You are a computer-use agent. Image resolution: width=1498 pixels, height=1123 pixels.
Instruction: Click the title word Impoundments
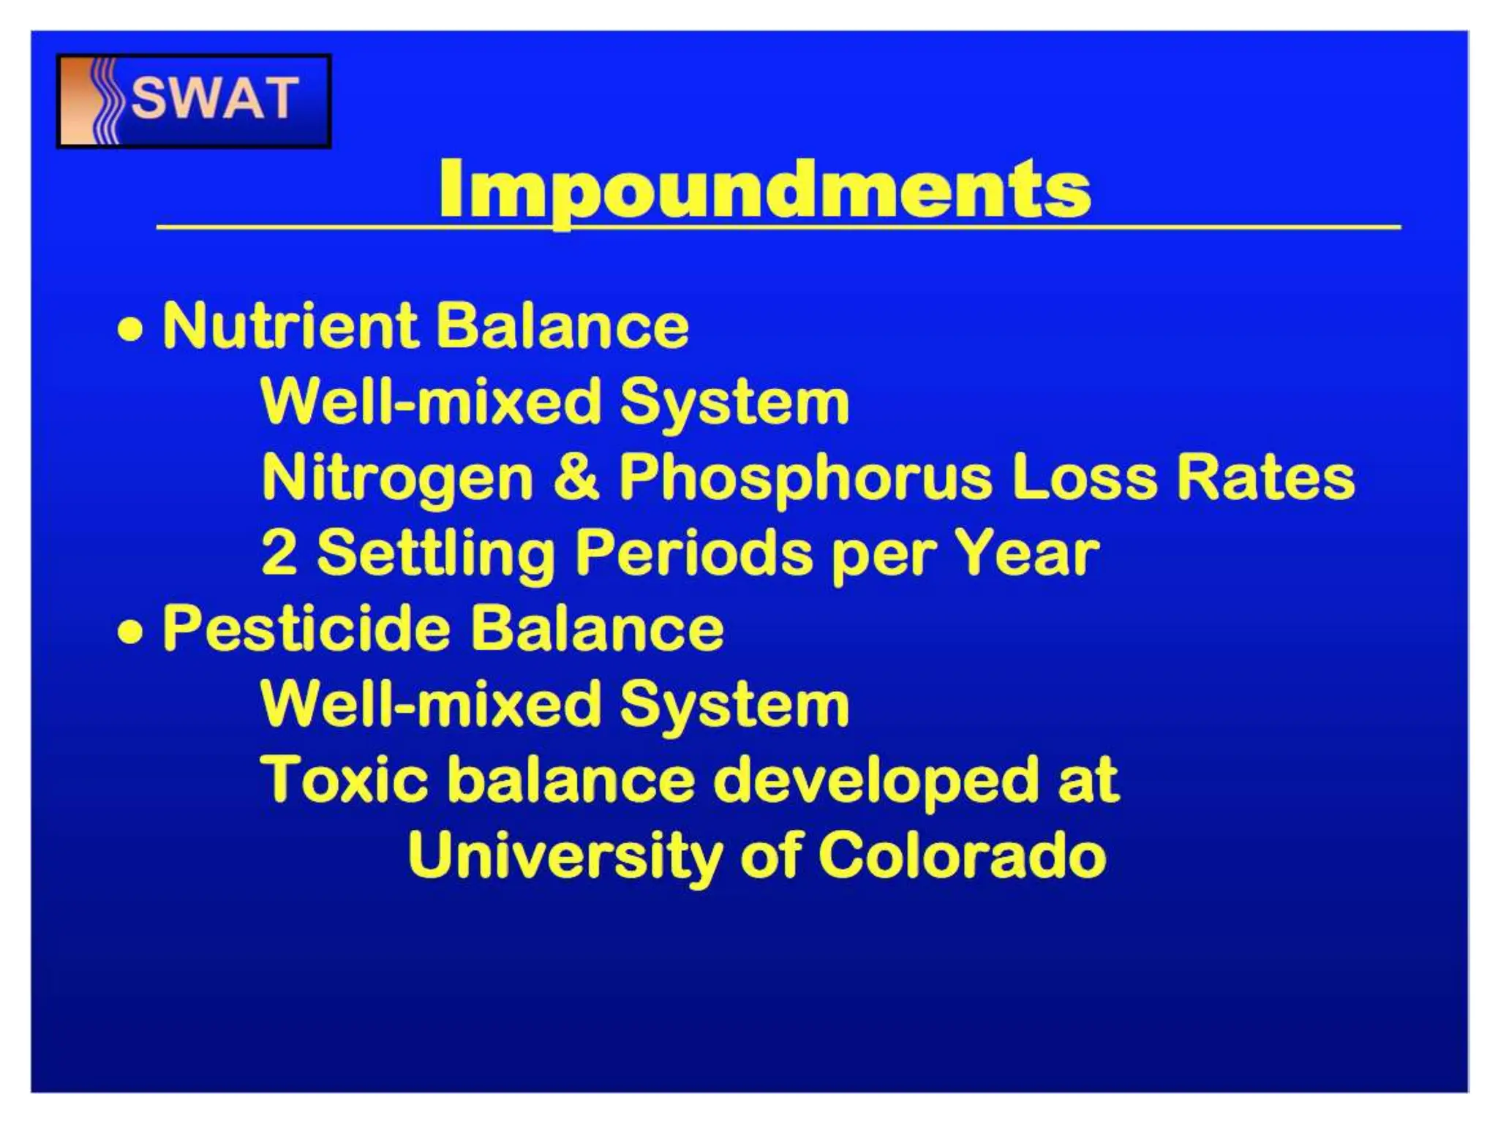click(764, 189)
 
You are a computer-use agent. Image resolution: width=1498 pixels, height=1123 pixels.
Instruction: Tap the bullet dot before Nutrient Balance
click(130, 329)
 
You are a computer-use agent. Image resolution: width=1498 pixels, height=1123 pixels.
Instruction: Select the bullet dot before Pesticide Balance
click(130, 631)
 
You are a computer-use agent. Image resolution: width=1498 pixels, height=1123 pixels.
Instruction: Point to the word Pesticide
click(305, 628)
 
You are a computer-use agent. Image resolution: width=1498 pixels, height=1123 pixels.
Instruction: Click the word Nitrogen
click(397, 477)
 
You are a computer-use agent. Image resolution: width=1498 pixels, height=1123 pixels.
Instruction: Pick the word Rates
click(1265, 477)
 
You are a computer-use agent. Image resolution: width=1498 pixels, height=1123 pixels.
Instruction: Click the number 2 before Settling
click(279, 553)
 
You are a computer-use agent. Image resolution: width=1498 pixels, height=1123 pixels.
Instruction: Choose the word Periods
click(694, 553)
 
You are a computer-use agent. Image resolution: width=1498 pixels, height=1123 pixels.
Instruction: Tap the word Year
click(1026, 553)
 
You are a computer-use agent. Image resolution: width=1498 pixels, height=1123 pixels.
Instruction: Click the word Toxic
click(344, 779)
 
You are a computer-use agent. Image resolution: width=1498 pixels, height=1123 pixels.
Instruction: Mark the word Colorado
click(962, 855)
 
